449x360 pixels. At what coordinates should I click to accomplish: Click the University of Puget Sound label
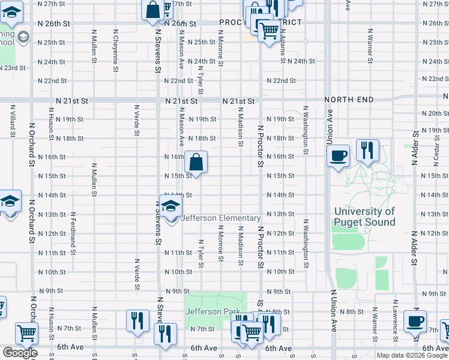click(364, 217)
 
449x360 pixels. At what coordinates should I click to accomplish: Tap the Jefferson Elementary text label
click(221, 218)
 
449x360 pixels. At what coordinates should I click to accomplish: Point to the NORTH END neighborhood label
click(349, 100)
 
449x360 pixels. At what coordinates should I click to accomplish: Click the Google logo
click(20, 353)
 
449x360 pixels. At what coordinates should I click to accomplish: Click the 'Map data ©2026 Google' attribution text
click(412, 355)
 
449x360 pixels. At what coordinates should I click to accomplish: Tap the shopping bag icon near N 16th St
click(196, 162)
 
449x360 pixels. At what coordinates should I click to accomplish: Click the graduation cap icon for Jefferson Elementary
click(171, 206)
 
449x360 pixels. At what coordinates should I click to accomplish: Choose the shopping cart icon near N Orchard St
click(26, 333)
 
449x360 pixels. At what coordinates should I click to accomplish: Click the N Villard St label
click(13, 119)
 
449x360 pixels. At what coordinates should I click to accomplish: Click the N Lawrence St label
click(394, 317)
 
